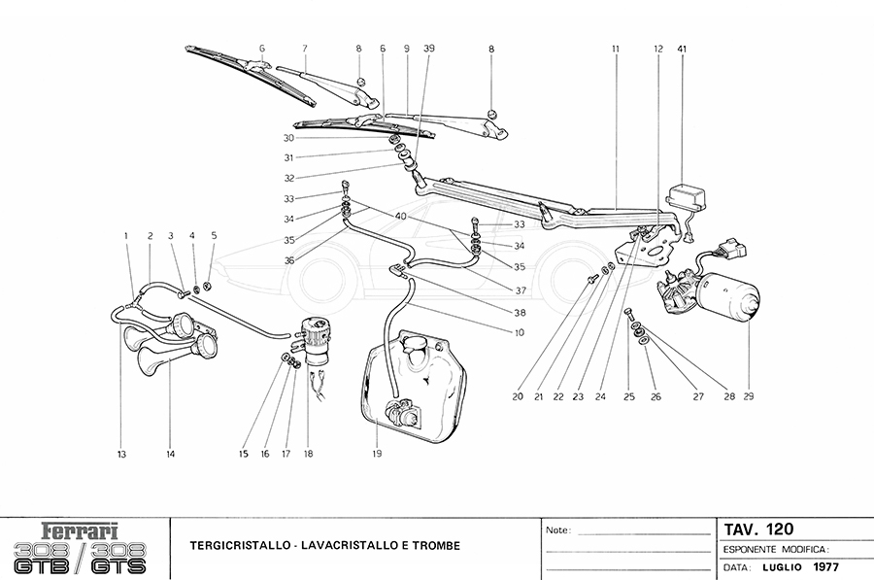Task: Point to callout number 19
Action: point(378,452)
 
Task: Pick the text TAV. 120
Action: point(759,529)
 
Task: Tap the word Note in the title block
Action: point(557,531)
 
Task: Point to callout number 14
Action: point(170,452)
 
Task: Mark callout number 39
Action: point(428,48)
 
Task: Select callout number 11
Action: point(616,48)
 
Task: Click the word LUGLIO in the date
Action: point(783,564)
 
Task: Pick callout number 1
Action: point(125,235)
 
